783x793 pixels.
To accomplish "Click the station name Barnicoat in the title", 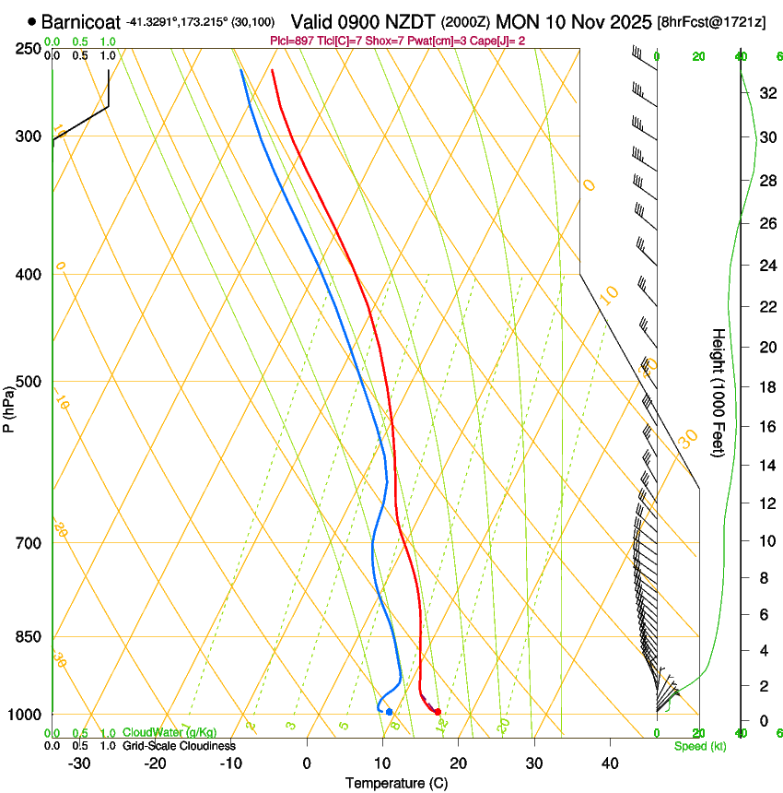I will (81, 21).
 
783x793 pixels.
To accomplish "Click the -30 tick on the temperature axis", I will (79, 763).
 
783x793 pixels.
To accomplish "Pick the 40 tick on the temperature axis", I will (610, 763).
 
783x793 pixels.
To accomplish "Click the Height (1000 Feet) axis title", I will (719, 393).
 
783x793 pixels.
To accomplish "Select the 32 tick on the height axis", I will (765, 92).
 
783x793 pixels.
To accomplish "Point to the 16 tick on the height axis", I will (765, 426).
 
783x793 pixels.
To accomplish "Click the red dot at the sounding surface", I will (438, 711).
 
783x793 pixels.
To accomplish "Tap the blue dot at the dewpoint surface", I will (389, 711).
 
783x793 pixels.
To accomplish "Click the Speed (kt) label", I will (700, 746).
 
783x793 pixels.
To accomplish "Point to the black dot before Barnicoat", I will (32, 21).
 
